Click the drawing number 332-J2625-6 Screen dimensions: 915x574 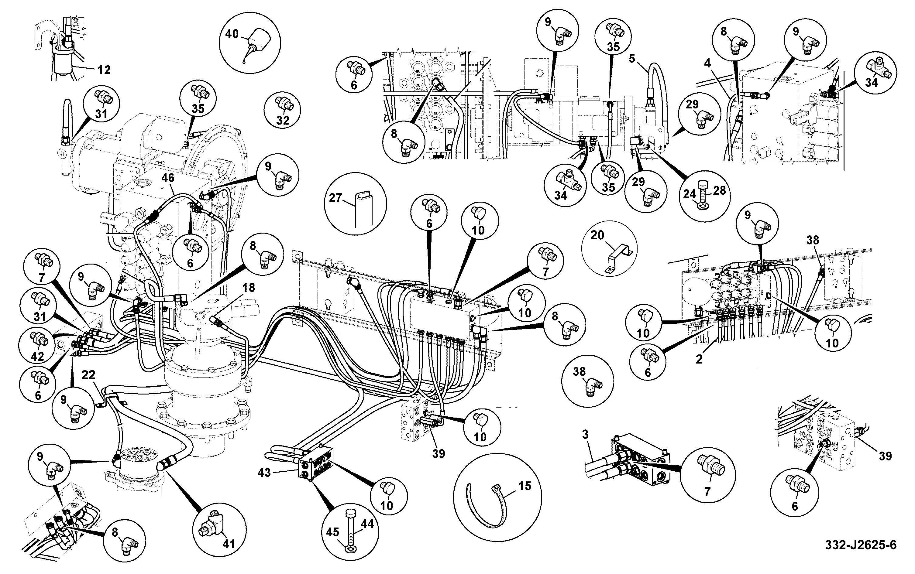pyautogui.click(x=861, y=545)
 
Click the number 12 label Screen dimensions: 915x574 pyautogui.click(x=104, y=70)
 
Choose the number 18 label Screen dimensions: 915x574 pyautogui.click(x=249, y=288)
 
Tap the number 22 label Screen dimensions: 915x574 pyautogui.click(x=88, y=375)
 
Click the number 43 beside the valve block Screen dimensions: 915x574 pyautogui.click(x=264, y=473)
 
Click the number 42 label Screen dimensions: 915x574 pyautogui.click(x=37, y=356)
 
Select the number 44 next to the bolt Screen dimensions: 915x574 pyautogui.click(x=367, y=524)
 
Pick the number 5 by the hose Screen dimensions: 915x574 pyautogui.click(x=632, y=59)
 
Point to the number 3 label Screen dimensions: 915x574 pyautogui.click(x=585, y=434)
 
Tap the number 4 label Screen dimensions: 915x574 pyautogui.click(x=707, y=63)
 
